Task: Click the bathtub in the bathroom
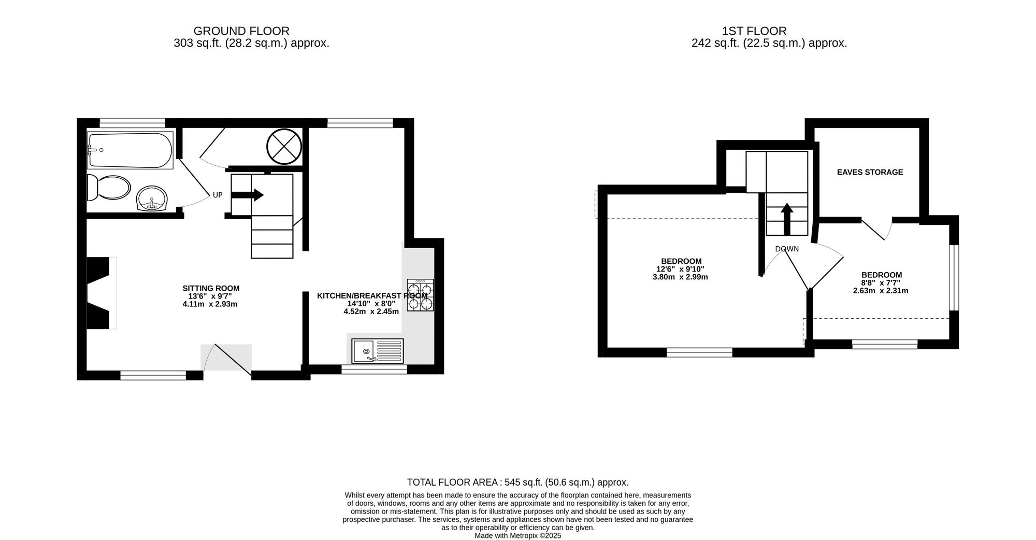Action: click(x=131, y=150)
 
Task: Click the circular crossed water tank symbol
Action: click(x=284, y=146)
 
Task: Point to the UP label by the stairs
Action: click(x=218, y=195)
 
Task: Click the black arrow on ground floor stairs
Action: click(x=248, y=195)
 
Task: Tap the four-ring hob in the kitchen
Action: click(x=420, y=295)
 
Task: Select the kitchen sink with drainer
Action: click(x=377, y=351)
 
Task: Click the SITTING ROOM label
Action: click(x=211, y=288)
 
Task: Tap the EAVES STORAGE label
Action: click(x=870, y=172)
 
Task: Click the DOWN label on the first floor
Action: click(x=787, y=249)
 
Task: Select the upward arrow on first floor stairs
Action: click(x=787, y=218)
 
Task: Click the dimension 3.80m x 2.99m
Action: click(x=680, y=277)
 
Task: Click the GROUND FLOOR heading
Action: click(x=241, y=31)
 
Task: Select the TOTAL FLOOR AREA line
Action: click(x=517, y=482)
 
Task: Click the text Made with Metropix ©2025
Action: click(x=517, y=536)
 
